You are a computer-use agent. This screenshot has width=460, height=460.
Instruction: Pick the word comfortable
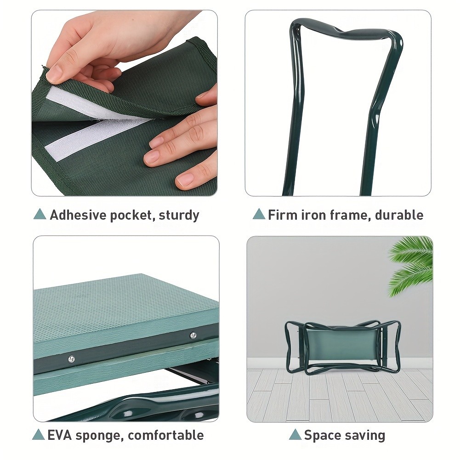165,435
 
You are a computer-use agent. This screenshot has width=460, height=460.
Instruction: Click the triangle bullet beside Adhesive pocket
40,214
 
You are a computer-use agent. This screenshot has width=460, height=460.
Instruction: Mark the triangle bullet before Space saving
295,434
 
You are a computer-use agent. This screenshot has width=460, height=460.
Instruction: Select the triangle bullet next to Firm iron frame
259,214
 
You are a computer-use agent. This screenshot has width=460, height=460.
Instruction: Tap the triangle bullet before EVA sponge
39,434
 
